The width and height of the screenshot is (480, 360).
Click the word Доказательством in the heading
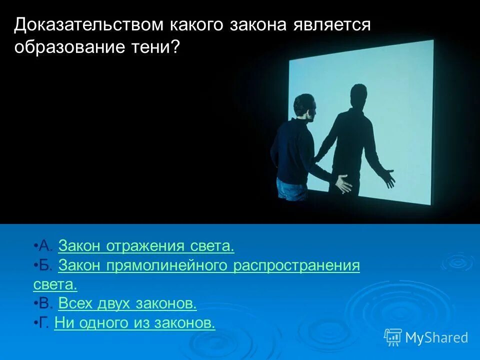tap(89, 25)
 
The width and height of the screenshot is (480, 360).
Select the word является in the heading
tap(332, 25)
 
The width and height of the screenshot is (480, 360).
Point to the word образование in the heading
tap(69, 47)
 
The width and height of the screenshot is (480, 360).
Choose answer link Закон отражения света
tap(146, 246)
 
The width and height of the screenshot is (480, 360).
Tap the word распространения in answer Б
tap(296, 265)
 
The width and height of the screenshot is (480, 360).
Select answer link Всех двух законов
tap(127, 303)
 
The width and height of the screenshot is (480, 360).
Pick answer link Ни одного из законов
tap(134, 322)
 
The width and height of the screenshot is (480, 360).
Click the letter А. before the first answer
tap(46, 246)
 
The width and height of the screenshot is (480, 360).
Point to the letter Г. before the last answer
tap(44, 322)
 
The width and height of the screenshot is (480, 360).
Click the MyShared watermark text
tap(437, 338)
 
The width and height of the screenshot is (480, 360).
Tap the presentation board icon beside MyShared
tap(393, 337)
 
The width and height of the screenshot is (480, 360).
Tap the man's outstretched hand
tap(343, 183)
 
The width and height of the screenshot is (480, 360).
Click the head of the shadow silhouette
tap(358, 96)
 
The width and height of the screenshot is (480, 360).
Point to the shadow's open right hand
tap(388, 177)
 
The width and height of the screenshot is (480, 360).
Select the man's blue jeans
tap(291, 189)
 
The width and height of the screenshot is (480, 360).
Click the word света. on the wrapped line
tap(55, 284)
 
